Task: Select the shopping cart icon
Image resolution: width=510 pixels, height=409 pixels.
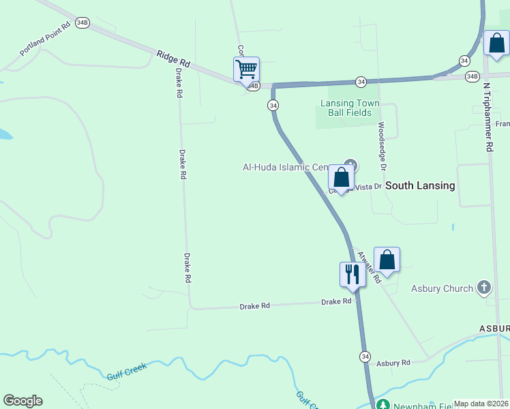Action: point(245,69)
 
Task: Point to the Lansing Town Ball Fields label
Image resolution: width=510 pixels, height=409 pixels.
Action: point(350,108)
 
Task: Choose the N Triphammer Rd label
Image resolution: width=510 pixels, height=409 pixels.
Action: point(488,117)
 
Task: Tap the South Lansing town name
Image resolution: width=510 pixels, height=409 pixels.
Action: point(420,185)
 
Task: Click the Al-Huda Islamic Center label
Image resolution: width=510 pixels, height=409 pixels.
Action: point(286,167)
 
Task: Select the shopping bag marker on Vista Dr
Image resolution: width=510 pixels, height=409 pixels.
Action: point(342,177)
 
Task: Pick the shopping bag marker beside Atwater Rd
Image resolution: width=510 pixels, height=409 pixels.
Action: point(387,260)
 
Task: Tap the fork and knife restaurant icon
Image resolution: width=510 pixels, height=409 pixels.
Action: point(352,274)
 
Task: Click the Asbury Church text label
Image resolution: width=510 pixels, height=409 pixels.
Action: point(442,288)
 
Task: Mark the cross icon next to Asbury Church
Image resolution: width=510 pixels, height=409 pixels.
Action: point(484,288)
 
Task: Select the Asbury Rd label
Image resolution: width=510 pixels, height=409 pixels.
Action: point(393,363)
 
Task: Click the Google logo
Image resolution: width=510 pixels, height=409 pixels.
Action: point(22,400)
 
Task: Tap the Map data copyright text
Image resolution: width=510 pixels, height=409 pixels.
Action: point(481,404)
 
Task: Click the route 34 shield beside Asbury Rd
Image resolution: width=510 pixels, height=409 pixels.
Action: point(365,357)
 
